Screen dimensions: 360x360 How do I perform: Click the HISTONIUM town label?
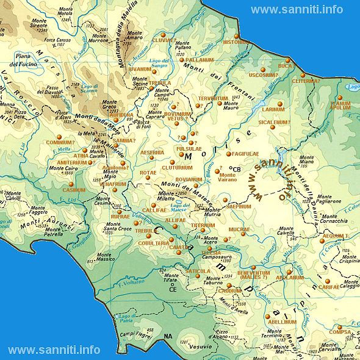[x=235, y=43]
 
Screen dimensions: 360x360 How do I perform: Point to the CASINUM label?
[x=74, y=190]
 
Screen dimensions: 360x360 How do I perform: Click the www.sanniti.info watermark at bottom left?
[x=54, y=350]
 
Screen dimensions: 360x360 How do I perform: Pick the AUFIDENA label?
[x=121, y=115]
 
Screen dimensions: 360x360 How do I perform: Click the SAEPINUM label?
[x=239, y=207]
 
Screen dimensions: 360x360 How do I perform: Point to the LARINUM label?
[x=273, y=110]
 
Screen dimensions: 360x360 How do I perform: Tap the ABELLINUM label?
[x=281, y=322]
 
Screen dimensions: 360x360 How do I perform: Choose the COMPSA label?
[x=340, y=333]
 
